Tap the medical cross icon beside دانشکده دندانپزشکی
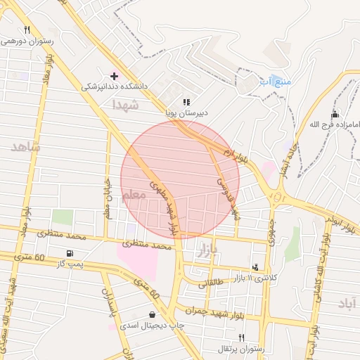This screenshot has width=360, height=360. (x=115, y=75)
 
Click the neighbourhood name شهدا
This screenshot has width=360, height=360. (x=126, y=105)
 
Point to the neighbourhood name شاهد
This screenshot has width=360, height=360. (x=25, y=147)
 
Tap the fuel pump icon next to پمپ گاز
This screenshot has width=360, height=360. (x=68, y=253)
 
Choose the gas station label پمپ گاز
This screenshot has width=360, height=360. (x=70, y=263)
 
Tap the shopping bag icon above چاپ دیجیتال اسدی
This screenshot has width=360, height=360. (x=153, y=314)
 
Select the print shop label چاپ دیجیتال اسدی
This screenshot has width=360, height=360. (x=151, y=326)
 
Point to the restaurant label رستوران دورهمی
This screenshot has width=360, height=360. (x=27, y=41)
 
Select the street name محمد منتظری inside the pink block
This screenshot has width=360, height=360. (x=147, y=245)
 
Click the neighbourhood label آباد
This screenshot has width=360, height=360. (x=347, y=303)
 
